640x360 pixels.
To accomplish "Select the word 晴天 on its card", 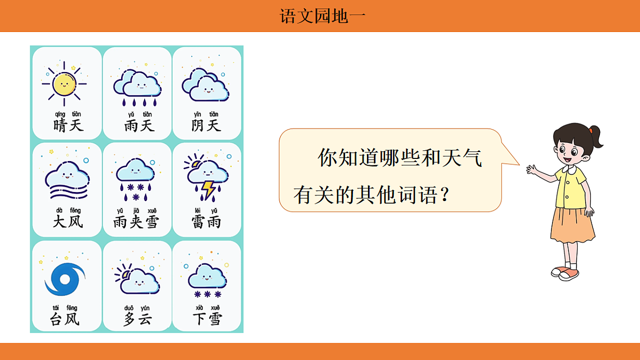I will [x=69, y=126].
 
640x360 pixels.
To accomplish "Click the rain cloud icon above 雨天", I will [x=137, y=86].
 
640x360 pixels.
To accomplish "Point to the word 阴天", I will [x=206, y=126].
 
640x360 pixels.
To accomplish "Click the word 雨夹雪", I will [x=136, y=221].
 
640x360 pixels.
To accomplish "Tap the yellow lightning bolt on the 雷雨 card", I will [x=207, y=189].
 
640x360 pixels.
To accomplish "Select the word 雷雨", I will [x=206, y=221].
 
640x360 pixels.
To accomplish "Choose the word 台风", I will [x=65, y=319].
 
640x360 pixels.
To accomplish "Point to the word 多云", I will [x=137, y=319].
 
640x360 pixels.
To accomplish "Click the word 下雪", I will [x=206, y=319].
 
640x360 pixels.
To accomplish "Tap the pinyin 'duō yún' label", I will [x=137, y=308].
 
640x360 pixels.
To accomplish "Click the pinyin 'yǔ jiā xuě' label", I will [x=136, y=210].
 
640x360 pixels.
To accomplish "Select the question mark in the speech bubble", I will [x=442, y=196].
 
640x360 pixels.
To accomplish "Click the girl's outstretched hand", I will [x=532, y=170].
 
